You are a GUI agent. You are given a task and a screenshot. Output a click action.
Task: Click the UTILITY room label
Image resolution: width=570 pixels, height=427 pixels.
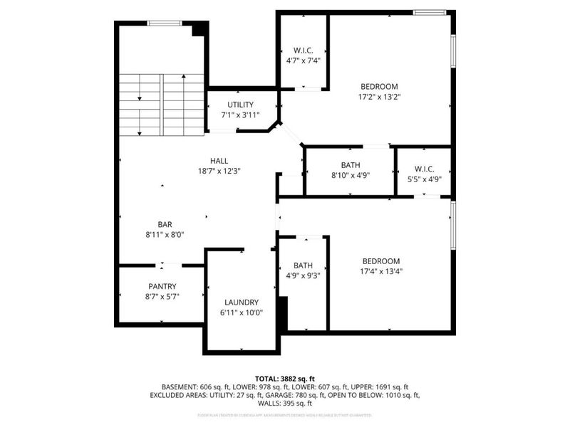tap(240, 105)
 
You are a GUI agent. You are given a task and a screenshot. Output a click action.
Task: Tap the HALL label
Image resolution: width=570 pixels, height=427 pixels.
tap(219, 161)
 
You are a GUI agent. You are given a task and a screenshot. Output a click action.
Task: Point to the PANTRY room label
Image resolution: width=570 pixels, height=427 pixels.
tap(162, 286)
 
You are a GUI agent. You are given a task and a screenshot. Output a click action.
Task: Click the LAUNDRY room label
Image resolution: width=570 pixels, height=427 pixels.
tap(241, 302)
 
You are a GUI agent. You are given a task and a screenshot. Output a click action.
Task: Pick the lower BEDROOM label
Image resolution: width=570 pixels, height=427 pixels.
tap(380, 261)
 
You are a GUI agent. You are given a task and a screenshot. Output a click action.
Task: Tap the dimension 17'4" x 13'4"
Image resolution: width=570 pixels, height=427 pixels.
tap(380, 270)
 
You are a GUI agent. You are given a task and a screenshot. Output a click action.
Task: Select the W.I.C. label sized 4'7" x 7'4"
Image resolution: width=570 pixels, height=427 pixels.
tap(303, 51)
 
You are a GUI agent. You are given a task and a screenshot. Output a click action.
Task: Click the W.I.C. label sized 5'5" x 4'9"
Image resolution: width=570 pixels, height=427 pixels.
tap(423, 169)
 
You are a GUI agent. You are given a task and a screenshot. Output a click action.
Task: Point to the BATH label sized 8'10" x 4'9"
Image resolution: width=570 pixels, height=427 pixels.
tap(350, 165)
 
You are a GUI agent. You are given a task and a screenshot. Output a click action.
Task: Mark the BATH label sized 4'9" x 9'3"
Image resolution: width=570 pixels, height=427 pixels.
tap(303, 265)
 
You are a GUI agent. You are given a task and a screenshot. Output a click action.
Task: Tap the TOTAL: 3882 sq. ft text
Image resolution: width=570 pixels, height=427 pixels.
tap(285, 378)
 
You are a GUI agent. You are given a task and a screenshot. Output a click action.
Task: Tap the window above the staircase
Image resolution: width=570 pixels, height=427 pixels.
tap(164, 23)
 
